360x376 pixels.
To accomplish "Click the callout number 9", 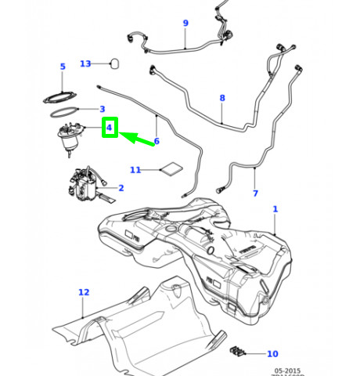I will (185, 23).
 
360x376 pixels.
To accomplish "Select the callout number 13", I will (85, 63).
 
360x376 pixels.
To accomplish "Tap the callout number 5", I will (63, 67).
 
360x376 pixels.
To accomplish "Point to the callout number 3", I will (102, 109).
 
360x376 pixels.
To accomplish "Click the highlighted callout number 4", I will (110, 127).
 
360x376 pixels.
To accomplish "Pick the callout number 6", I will (157, 141).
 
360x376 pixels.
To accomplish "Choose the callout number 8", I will (222, 99).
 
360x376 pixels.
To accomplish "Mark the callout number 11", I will (135, 169).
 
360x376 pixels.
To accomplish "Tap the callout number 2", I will (121, 188).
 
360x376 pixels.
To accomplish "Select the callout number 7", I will (255, 193).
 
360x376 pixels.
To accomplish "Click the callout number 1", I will (275, 209).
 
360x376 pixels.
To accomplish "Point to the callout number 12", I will (84, 292).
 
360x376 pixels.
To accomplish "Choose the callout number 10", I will (272, 354).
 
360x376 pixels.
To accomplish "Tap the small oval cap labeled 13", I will (115, 63).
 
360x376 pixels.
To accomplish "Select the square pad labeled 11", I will (171, 169).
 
